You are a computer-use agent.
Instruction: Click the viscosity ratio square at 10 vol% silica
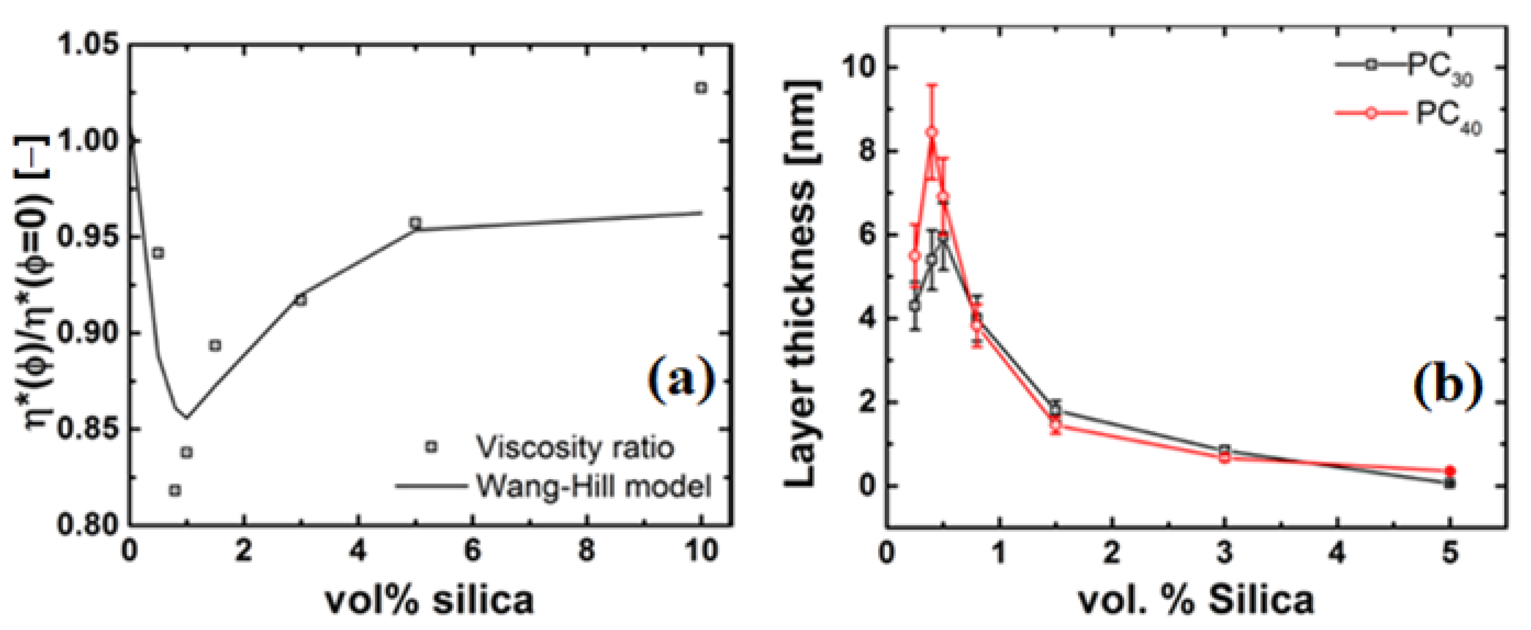pos(701,88)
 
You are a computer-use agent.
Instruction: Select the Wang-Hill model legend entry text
pos(593,487)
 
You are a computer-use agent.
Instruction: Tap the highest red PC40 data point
pos(932,132)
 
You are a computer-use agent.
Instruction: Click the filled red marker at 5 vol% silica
pos(1450,470)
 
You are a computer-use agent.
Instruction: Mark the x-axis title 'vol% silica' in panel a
pos(429,600)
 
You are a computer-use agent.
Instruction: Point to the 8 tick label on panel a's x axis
pos(586,551)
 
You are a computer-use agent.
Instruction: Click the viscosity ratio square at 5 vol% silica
pos(416,223)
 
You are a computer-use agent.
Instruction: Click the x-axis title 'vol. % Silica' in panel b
pos(1196,600)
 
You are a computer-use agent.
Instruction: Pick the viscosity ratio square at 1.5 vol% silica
pos(215,345)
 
